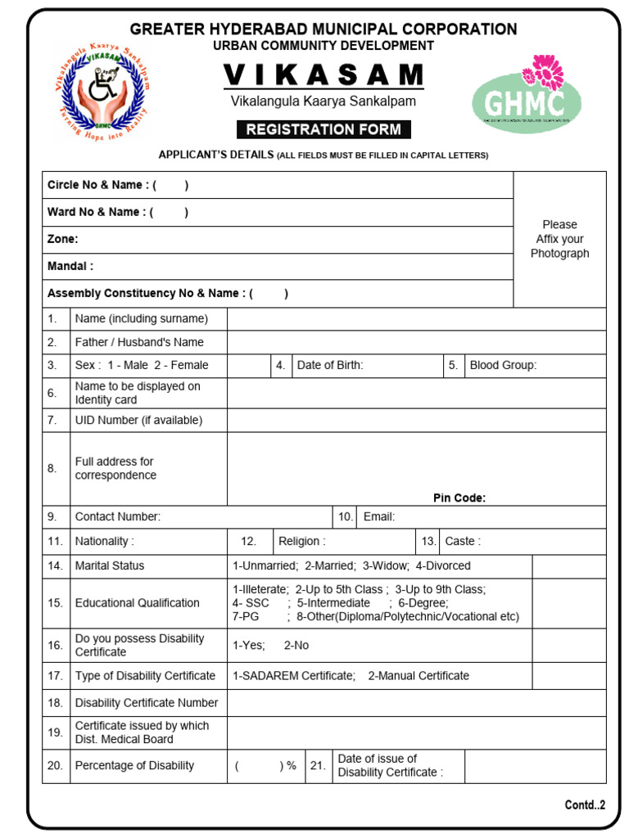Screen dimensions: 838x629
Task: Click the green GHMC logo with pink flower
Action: click(527, 97)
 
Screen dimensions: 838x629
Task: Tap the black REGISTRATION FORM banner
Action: click(324, 129)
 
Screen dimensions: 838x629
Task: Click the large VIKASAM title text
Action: click(324, 75)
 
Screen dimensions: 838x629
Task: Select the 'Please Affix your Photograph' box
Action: click(559, 239)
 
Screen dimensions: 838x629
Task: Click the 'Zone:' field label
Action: click(63, 239)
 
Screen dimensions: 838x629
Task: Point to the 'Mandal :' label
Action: click(70, 266)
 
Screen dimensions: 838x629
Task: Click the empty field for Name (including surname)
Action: click(416, 319)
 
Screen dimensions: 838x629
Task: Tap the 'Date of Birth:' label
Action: click(330, 365)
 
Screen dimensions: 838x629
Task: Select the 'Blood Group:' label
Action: click(503, 365)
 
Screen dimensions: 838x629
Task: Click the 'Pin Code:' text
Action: click(459, 498)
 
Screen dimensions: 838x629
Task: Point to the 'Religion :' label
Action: click(301, 541)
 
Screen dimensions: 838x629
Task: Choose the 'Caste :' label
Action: click(463, 541)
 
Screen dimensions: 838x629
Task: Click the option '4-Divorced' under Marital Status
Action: click(443, 565)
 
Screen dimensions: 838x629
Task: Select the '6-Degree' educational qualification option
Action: click(423, 602)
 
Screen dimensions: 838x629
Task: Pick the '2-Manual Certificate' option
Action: click(419, 675)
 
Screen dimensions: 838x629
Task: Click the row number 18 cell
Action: click(55, 702)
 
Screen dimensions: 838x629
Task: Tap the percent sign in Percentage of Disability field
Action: click(292, 765)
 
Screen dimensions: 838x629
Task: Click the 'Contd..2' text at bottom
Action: click(585, 804)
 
